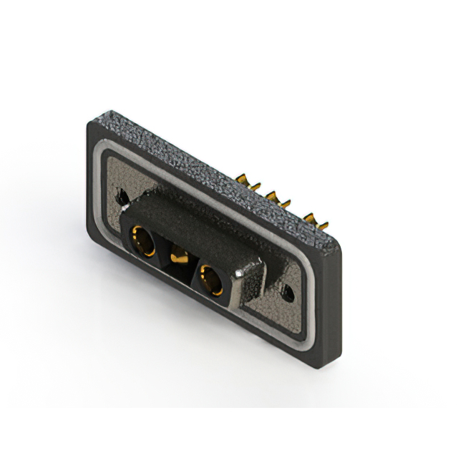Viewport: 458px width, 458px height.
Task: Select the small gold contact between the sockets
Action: coord(175,253)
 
